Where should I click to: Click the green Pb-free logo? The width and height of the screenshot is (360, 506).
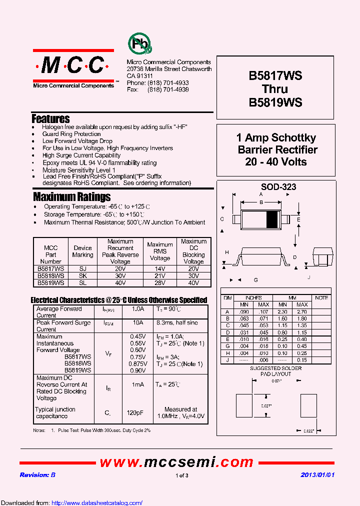(140, 44)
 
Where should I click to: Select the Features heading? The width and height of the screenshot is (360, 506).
(50, 119)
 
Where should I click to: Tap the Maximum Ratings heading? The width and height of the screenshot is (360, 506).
(72, 196)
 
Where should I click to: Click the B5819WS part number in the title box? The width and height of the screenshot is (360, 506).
(275, 102)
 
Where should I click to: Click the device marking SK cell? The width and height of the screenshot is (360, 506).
(82, 275)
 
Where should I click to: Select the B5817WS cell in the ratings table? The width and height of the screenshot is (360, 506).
(50, 268)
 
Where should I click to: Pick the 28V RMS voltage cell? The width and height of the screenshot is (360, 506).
(160, 282)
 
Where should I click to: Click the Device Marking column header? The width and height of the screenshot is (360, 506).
(82, 251)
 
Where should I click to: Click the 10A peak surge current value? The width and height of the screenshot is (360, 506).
(138, 322)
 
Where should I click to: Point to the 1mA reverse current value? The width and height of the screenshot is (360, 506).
(138, 384)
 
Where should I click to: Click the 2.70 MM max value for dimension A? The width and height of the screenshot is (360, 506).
(302, 311)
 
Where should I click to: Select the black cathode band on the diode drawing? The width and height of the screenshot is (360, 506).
(271, 219)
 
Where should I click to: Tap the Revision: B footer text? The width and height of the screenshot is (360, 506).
(37, 475)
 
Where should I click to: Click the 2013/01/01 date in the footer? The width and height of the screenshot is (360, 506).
(317, 475)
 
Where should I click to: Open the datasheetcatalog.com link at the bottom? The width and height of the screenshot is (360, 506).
(97, 502)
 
